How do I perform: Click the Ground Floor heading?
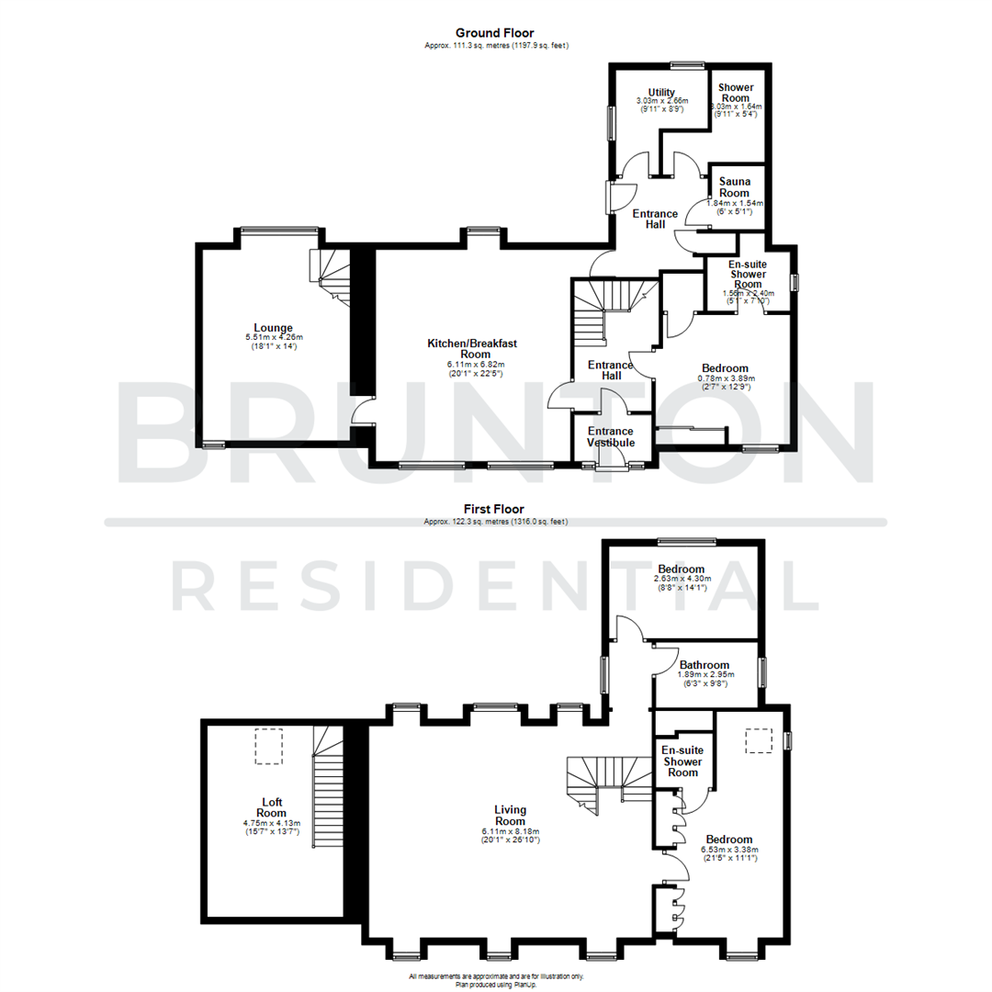pyautogui.click(x=496, y=34)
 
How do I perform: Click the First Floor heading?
pyautogui.click(x=496, y=508)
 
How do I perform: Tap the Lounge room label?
pyautogui.click(x=274, y=327)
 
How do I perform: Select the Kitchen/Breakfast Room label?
pyautogui.click(x=471, y=348)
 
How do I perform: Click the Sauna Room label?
pyautogui.click(x=735, y=187)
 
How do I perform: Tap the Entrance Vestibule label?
pyautogui.click(x=610, y=436)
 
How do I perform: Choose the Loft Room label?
pyautogui.click(x=272, y=806)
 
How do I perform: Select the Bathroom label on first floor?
pyautogui.click(x=705, y=665)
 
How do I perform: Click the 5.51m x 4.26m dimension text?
pyautogui.click(x=274, y=338)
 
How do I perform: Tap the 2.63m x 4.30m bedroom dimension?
pyautogui.click(x=681, y=579)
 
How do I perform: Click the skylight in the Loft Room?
pyautogui.click(x=268, y=746)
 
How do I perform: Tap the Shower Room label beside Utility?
pyautogui.click(x=736, y=93)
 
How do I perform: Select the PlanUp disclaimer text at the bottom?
pyautogui.click(x=496, y=980)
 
